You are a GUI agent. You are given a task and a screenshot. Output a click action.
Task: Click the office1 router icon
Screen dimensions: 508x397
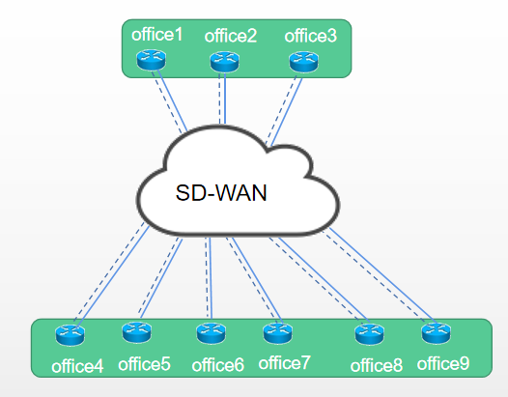tap(152, 60)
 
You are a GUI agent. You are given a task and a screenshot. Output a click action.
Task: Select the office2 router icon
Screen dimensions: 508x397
tap(224, 62)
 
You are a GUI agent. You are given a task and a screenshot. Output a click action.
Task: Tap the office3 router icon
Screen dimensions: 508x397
tap(304, 62)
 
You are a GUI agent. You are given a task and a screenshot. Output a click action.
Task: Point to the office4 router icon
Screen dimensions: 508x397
tap(70, 335)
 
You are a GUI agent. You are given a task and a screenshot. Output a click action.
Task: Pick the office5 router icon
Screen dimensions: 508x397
tap(137, 332)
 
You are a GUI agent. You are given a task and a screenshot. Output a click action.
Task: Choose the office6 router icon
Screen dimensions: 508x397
tap(212, 333)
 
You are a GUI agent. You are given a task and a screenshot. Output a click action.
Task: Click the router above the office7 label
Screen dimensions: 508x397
tap(277, 333)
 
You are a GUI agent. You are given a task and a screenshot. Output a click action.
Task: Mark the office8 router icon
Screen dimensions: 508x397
tap(370, 334)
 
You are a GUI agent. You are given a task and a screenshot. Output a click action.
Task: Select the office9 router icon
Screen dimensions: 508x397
tap(437, 333)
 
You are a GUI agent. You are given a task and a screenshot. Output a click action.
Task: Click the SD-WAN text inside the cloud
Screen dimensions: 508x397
tap(221, 193)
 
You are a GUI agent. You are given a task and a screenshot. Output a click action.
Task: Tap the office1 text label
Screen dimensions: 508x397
tap(157, 35)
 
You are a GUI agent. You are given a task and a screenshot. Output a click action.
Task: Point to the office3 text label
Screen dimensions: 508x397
tap(311, 36)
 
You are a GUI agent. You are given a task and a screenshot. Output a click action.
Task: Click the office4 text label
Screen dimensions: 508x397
tap(77, 366)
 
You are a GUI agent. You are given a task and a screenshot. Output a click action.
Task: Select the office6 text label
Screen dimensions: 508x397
tap(217, 365)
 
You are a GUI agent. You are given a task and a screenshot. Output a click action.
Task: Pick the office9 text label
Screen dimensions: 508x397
tap(443, 363)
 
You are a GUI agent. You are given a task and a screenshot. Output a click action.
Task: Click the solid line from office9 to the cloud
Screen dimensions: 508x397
tap(382, 276)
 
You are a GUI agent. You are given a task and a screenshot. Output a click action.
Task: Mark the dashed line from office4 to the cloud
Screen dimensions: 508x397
tap(109, 271)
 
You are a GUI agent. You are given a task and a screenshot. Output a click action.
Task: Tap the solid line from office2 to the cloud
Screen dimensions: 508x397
tap(225, 99)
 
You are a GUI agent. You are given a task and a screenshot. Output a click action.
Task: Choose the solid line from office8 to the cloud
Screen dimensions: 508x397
tap(324, 281)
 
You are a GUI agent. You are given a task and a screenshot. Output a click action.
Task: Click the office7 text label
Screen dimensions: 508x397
tap(285, 362)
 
